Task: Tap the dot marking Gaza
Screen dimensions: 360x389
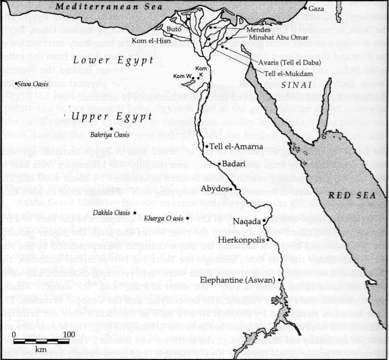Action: (x=305, y=9)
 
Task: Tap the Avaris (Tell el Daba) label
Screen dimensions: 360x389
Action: (x=289, y=65)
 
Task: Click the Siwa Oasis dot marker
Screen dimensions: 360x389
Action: (x=16, y=84)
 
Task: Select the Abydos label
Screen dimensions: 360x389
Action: (x=214, y=188)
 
